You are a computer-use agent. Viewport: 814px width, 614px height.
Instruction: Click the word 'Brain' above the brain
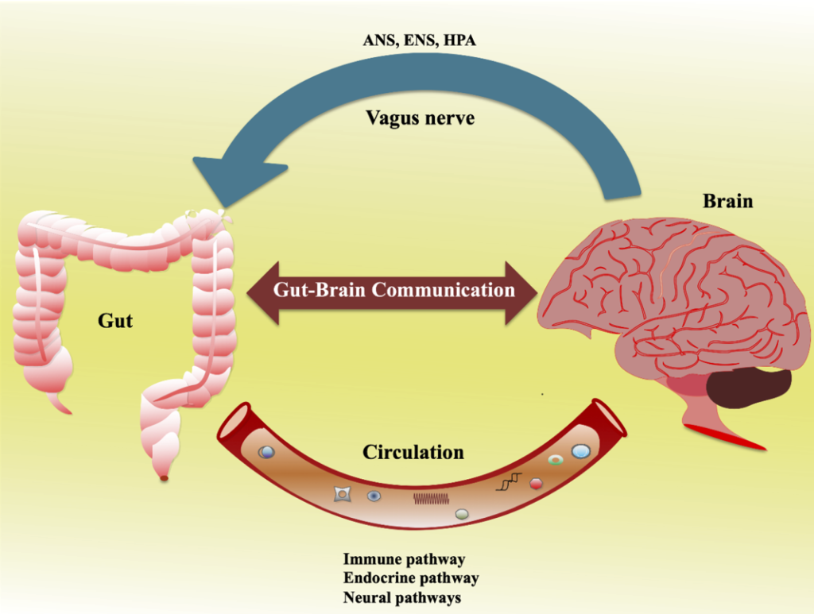click(727, 201)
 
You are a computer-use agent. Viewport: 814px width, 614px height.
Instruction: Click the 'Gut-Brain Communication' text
click(393, 290)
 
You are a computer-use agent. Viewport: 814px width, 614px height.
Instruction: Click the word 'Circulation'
click(413, 453)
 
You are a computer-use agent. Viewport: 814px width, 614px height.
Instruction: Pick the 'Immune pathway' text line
click(404, 560)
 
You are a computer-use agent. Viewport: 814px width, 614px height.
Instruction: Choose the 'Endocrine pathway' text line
click(411, 579)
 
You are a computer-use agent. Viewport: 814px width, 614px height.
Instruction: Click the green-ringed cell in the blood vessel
click(556, 460)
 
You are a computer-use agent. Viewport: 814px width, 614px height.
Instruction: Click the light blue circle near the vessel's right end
click(581, 451)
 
